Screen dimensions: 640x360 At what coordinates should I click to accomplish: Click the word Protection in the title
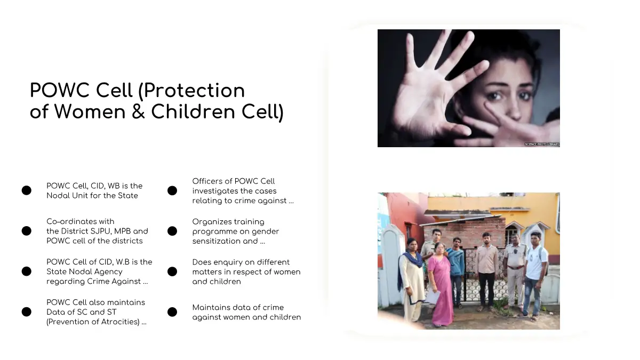coord(194,91)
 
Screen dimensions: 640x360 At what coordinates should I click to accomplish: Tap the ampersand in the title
coord(138,111)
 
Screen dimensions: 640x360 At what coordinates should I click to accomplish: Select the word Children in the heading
coord(193,111)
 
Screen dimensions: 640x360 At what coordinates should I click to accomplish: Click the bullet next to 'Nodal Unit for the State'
coord(27,190)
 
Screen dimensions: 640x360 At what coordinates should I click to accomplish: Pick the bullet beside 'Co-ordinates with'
coord(27,231)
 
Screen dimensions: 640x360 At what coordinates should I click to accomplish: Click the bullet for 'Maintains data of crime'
coord(172,312)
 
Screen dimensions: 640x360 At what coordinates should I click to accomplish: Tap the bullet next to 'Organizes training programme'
coord(172,231)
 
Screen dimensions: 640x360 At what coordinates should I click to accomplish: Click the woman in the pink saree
coord(442,286)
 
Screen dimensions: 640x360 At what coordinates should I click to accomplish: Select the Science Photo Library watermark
coord(542,145)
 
